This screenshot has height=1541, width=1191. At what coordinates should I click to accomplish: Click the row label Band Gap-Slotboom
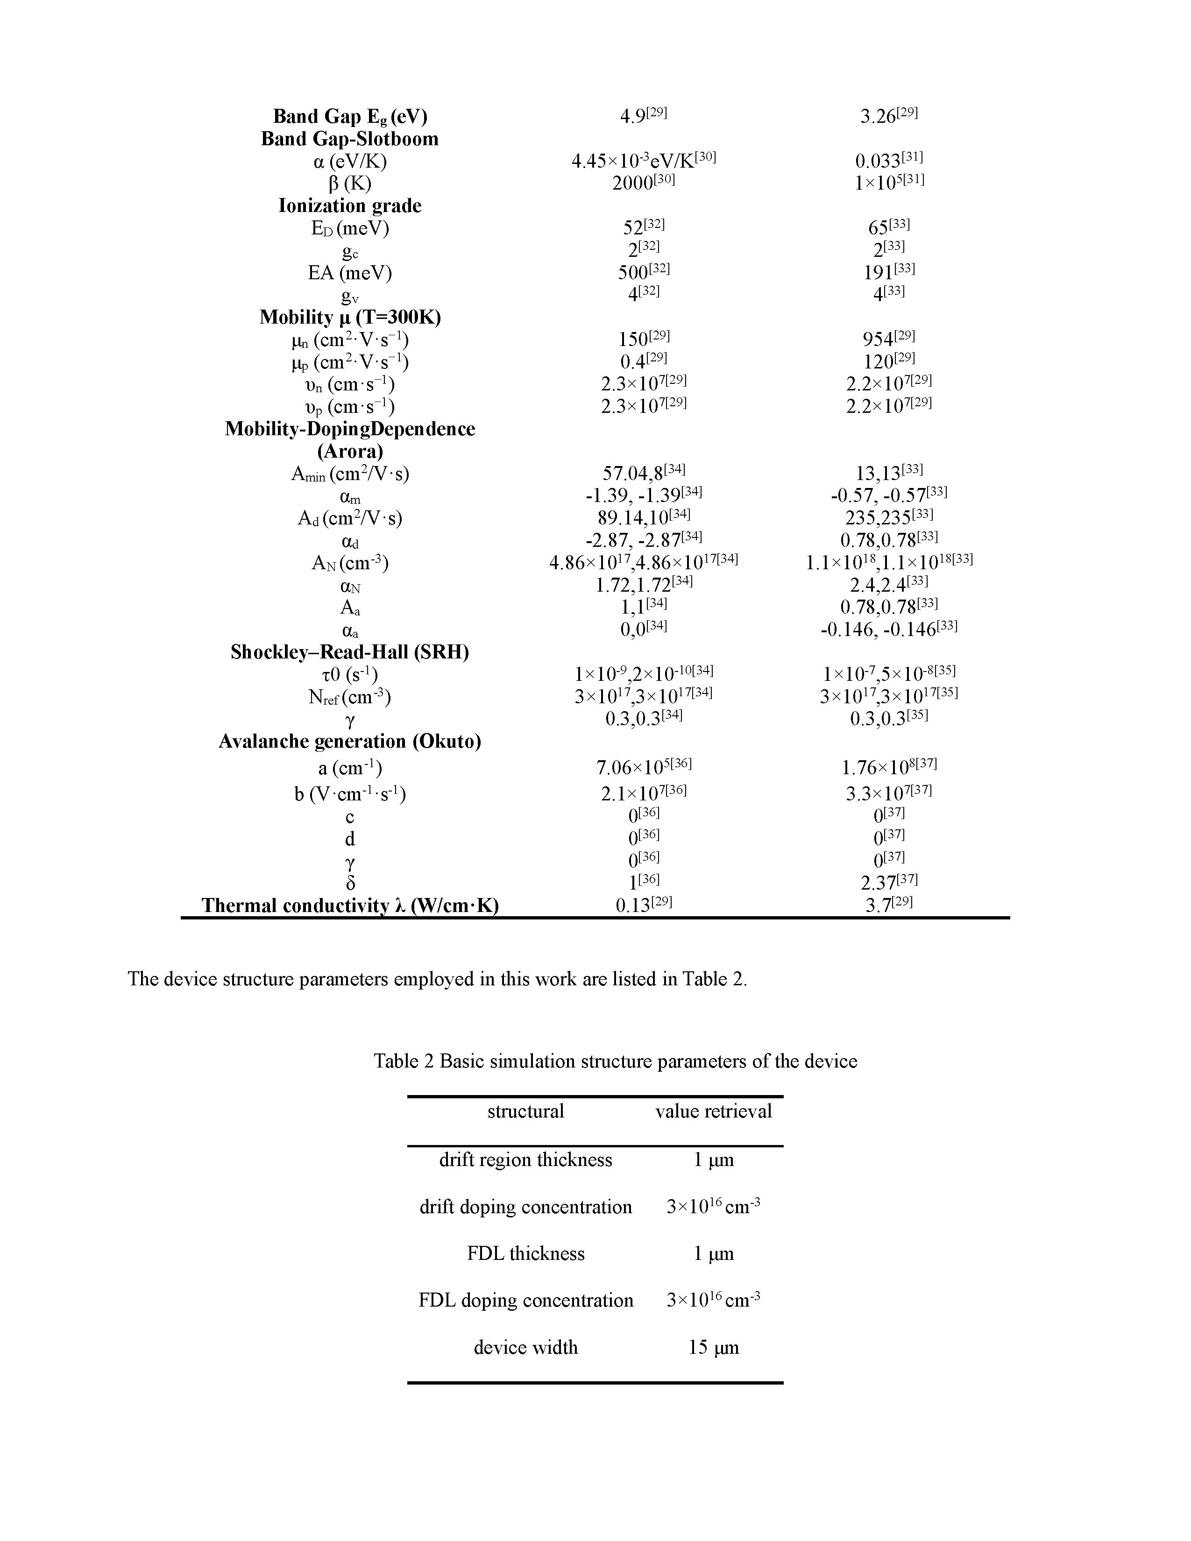[349, 139]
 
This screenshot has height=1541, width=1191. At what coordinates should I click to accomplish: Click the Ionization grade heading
[349, 206]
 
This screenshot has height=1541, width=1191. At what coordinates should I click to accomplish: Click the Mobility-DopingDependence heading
[349, 429]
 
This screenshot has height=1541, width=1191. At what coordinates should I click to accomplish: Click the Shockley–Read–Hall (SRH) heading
[349, 652]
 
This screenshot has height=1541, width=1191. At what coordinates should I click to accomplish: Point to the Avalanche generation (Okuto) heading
[349, 742]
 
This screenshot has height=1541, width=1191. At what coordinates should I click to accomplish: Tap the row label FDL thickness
[525, 1253]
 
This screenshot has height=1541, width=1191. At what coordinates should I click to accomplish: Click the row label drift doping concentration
[525, 1207]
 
